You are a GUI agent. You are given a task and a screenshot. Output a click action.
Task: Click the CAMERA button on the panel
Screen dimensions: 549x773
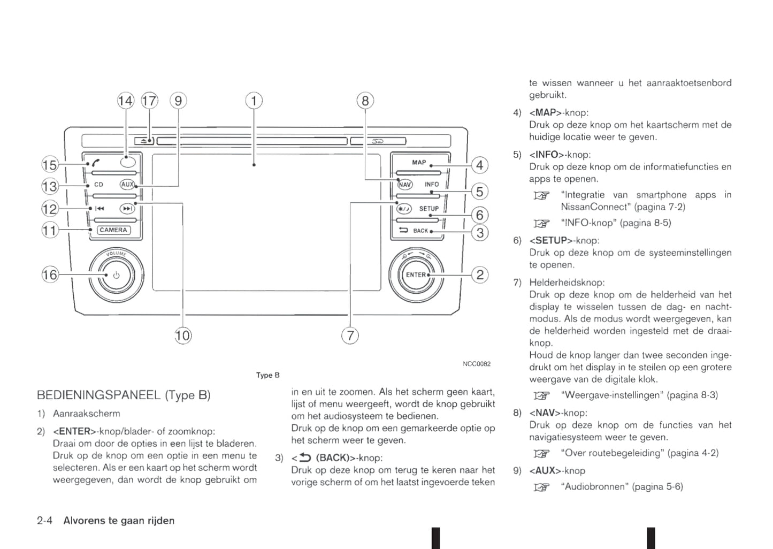point(113,230)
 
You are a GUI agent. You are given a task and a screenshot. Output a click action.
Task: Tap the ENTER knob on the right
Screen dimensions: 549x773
point(416,274)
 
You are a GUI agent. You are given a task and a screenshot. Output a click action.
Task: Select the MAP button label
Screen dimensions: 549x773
point(419,162)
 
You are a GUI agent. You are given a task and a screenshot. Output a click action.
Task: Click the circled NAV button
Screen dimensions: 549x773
point(405,185)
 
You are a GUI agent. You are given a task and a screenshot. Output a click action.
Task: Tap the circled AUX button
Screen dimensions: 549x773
point(127,184)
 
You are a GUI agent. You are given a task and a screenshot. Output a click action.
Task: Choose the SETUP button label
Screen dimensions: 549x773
point(428,209)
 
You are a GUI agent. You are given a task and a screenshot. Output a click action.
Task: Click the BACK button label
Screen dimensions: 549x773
point(420,231)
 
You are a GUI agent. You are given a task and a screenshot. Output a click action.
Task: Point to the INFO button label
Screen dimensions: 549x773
point(431,184)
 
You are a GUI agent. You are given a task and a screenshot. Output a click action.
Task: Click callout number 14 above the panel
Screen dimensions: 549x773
point(125,101)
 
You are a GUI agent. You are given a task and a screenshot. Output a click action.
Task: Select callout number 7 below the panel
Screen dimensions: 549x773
point(350,335)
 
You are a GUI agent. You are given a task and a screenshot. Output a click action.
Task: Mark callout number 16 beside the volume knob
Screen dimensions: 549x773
point(50,275)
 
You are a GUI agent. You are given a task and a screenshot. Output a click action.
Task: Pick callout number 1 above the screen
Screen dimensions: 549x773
point(254,101)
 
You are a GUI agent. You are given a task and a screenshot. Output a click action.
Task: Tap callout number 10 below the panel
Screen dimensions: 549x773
point(182,335)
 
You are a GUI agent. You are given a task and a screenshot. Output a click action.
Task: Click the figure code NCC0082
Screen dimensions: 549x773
point(476,364)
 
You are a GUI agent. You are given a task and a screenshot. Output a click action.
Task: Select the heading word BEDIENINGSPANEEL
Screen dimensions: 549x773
point(98,395)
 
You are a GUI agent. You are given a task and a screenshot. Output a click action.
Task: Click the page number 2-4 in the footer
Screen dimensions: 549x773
point(44,521)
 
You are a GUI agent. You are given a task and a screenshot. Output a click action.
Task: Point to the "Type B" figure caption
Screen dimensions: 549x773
point(267,375)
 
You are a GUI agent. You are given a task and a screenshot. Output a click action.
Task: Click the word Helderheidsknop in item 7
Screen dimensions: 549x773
point(567,282)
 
